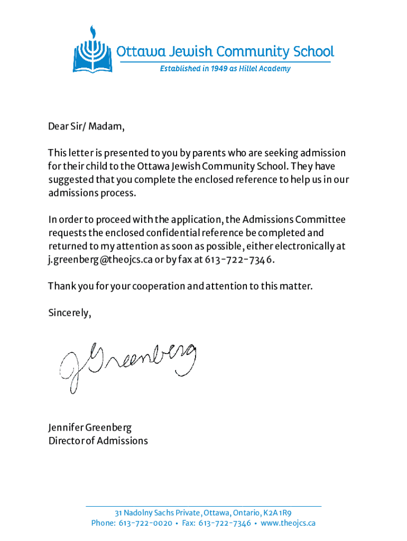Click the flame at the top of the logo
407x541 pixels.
[x=93, y=30]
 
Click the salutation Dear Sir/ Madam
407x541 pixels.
[x=87, y=127]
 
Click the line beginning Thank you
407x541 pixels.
[x=180, y=286]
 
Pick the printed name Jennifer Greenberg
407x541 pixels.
[x=90, y=427]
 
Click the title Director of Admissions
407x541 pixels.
[x=98, y=441]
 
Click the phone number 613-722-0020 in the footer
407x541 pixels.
[x=145, y=524]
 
